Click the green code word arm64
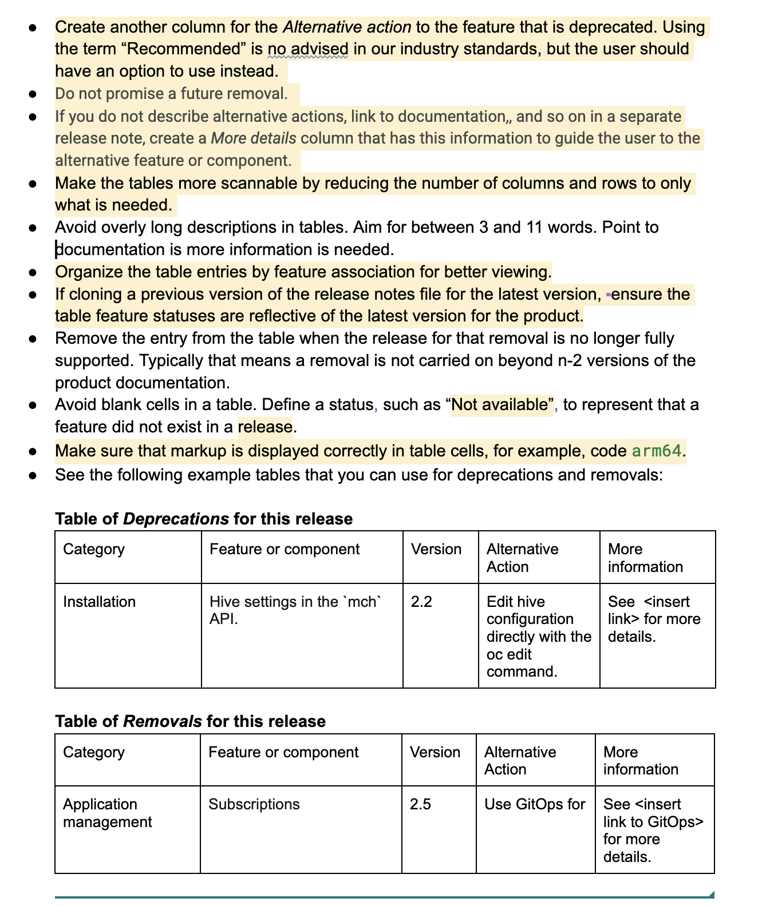click(x=657, y=451)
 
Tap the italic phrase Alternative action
click(x=347, y=27)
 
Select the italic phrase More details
click(x=254, y=138)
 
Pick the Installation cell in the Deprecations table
click(x=100, y=602)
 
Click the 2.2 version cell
click(x=421, y=602)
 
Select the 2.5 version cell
click(x=420, y=804)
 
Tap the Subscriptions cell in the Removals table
click(x=254, y=804)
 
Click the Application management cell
click(x=107, y=813)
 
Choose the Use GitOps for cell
click(x=535, y=804)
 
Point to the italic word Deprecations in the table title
click(x=176, y=519)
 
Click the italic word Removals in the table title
click(x=162, y=721)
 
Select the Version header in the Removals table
click(x=435, y=752)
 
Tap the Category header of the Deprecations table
click(x=94, y=549)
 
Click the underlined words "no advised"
click(x=307, y=49)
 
